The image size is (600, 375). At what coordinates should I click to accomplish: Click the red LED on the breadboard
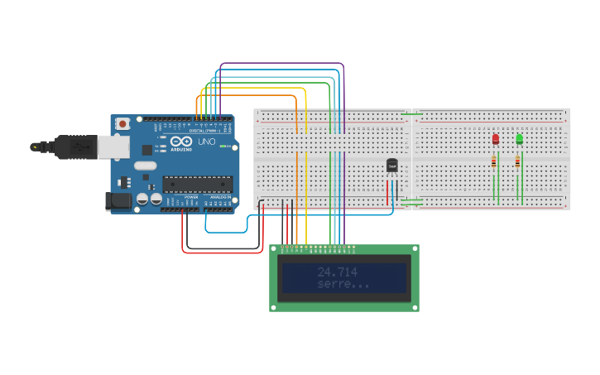[496, 139]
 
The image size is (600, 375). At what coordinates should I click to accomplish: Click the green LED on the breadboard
[519, 139]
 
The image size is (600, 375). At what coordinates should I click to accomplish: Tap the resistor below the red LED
[494, 161]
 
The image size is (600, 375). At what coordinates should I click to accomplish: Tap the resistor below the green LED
[518, 161]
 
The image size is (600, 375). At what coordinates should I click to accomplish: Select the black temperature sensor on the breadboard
[392, 166]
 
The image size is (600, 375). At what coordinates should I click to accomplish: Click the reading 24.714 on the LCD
[338, 272]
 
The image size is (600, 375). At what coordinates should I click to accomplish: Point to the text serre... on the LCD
[343, 284]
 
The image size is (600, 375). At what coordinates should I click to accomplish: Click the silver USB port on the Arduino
[113, 147]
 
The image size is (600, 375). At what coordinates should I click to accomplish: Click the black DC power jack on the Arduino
[119, 200]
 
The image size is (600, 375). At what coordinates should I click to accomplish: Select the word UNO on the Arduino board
[204, 142]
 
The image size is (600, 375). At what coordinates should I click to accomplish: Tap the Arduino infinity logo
[179, 142]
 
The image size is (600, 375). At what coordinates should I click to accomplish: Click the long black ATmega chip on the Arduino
[196, 184]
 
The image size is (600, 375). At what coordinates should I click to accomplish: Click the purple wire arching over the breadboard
[281, 64]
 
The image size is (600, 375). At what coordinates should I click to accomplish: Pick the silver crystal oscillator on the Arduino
[145, 166]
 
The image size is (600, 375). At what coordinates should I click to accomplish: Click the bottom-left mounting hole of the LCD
[274, 307]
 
